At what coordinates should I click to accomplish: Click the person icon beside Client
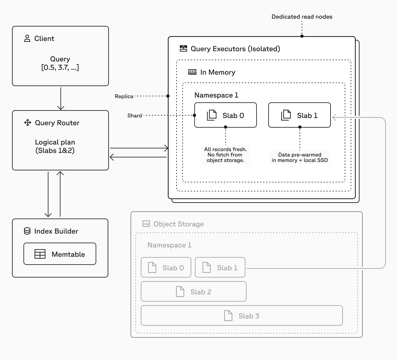click(27, 39)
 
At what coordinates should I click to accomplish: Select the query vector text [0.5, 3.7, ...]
click(60, 67)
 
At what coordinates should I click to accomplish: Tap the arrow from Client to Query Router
click(61, 98)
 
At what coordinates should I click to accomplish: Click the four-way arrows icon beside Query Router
click(28, 123)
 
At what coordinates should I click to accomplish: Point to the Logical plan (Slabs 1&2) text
click(55, 146)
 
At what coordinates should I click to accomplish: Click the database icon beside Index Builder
click(27, 231)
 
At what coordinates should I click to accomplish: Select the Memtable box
click(60, 254)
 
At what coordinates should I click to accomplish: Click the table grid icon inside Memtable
click(40, 254)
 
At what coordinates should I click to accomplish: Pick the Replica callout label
click(124, 96)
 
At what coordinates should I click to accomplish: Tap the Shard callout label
click(134, 116)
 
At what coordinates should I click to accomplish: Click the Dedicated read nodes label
click(302, 17)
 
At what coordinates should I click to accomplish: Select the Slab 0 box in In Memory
click(226, 115)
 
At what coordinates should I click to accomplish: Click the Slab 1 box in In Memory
click(300, 115)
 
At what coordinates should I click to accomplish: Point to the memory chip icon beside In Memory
click(192, 72)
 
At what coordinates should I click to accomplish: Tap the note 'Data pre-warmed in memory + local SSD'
click(300, 157)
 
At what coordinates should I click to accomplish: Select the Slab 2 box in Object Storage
click(194, 292)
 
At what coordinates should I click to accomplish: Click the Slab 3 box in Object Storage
click(242, 316)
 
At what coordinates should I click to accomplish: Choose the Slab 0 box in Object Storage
click(166, 268)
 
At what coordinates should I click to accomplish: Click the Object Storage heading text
click(179, 224)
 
